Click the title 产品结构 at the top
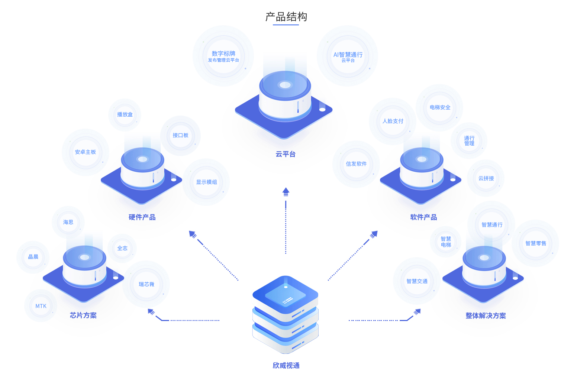point(286,17)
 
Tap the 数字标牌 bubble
point(223,56)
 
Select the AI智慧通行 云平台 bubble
point(348,56)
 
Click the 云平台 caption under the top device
point(286,154)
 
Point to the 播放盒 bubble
point(125,114)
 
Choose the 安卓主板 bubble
point(86,152)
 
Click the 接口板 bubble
point(180,135)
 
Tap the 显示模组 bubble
point(206,182)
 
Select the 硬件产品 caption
point(142,217)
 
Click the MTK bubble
point(41,306)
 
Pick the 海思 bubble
point(68,222)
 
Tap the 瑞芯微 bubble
point(146,284)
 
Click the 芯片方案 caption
point(83,315)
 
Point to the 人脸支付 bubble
point(393,121)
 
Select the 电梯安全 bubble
point(440,107)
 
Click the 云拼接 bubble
point(486,178)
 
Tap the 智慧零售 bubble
point(536,243)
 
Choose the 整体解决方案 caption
point(486,316)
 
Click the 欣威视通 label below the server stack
point(286,366)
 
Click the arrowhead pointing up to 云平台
point(286,192)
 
